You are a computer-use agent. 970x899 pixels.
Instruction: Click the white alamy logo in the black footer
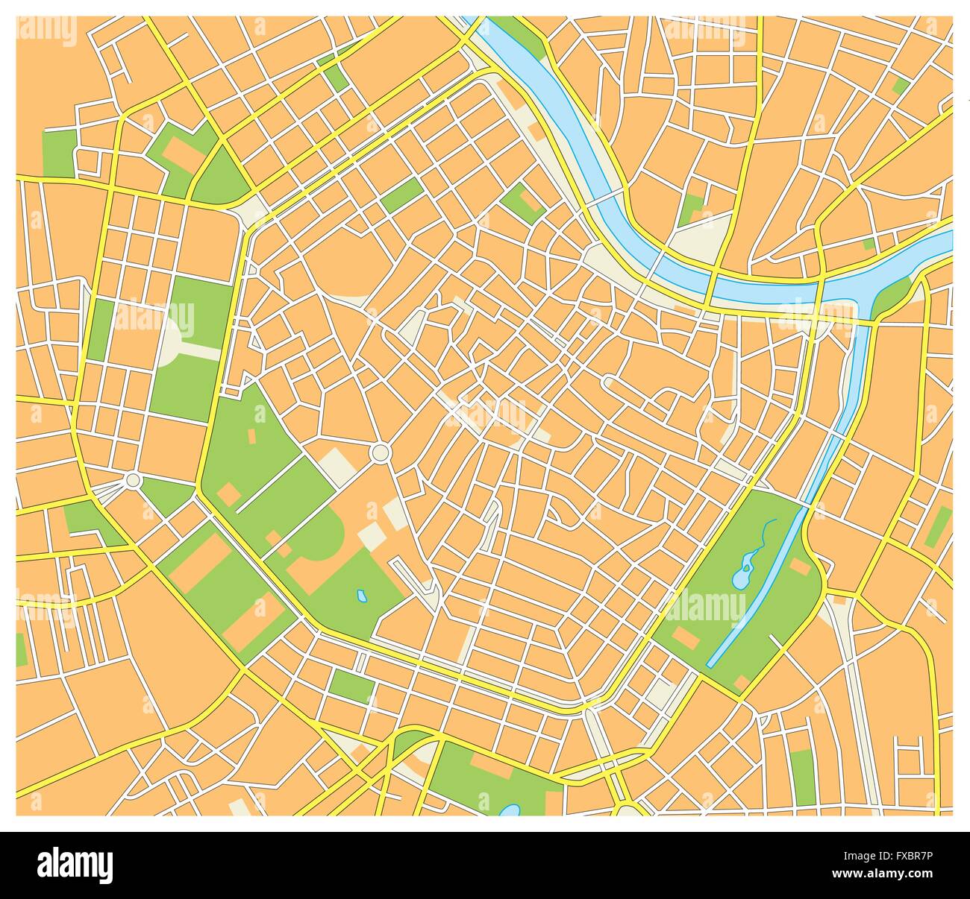tap(75, 865)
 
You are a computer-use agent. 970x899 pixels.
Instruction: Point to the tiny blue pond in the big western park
tap(361, 596)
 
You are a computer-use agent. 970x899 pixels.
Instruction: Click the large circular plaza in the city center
tap(380, 452)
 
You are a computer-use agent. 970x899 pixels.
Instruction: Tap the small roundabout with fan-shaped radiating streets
tap(133, 480)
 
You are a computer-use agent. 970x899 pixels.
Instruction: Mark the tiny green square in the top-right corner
tap(901, 85)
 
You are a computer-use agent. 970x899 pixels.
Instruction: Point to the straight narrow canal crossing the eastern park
tap(754, 589)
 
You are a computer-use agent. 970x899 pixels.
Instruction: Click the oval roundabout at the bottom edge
tap(626, 809)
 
